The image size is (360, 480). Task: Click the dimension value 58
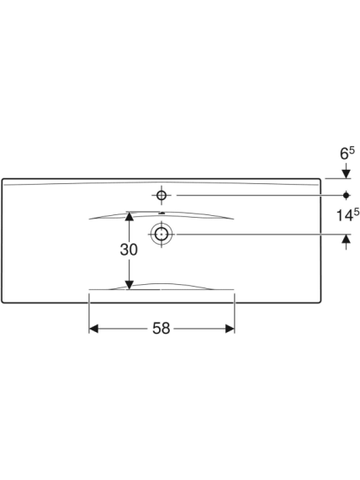click(161, 329)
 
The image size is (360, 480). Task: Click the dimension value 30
click(129, 250)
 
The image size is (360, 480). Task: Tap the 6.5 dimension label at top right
click(347, 153)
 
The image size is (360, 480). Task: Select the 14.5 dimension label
click(347, 215)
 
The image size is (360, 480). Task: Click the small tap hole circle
click(161, 195)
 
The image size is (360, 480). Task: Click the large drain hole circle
click(161, 235)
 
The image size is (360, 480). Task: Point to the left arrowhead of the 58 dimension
click(93, 329)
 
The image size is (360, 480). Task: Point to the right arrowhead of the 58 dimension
click(230, 329)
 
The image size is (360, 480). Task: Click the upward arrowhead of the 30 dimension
click(130, 216)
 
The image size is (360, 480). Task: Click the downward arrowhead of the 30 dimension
click(130, 285)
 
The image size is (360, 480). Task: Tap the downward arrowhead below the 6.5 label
click(347, 174)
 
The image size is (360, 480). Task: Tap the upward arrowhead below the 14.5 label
click(347, 239)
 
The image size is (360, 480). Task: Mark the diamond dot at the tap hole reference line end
click(347, 195)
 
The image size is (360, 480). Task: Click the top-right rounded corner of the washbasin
click(320, 180)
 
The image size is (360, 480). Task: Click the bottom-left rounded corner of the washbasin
click(3, 302)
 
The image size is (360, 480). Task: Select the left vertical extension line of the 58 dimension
click(89, 313)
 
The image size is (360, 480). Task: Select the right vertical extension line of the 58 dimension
click(235, 313)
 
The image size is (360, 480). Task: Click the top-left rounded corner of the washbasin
click(3, 180)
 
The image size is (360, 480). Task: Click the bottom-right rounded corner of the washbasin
click(320, 302)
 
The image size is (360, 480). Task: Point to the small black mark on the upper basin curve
click(162, 213)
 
